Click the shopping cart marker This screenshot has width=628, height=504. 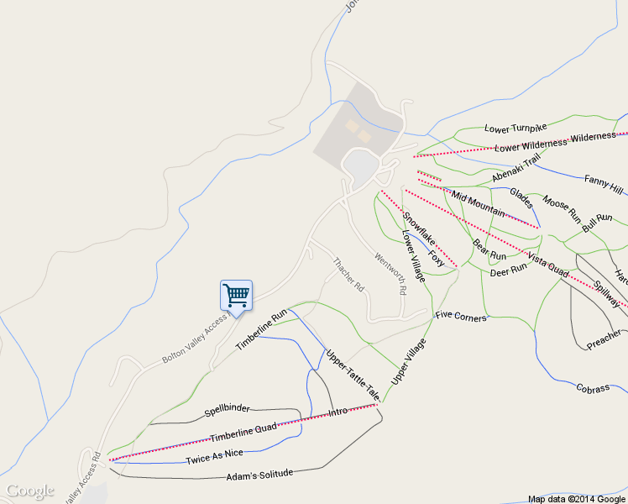pyautogui.click(x=236, y=295)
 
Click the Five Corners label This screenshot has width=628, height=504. pyautogui.click(x=461, y=316)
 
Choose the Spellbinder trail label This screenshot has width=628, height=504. pyautogui.click(x=227, y=410)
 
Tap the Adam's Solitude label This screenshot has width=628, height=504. pyautogui.click(x=259, y=476)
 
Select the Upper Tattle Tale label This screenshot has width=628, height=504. pyautogui.click(x=353, y=373)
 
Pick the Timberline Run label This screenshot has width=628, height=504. pyautogui.click(x=261, y=330)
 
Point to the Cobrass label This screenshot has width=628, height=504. pyautogui.click(x=593, y=388)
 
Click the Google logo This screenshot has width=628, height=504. pyautogui.click(x=29, y=491)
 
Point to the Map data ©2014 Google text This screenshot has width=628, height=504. pyautogui.click(x=577, y=499)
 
